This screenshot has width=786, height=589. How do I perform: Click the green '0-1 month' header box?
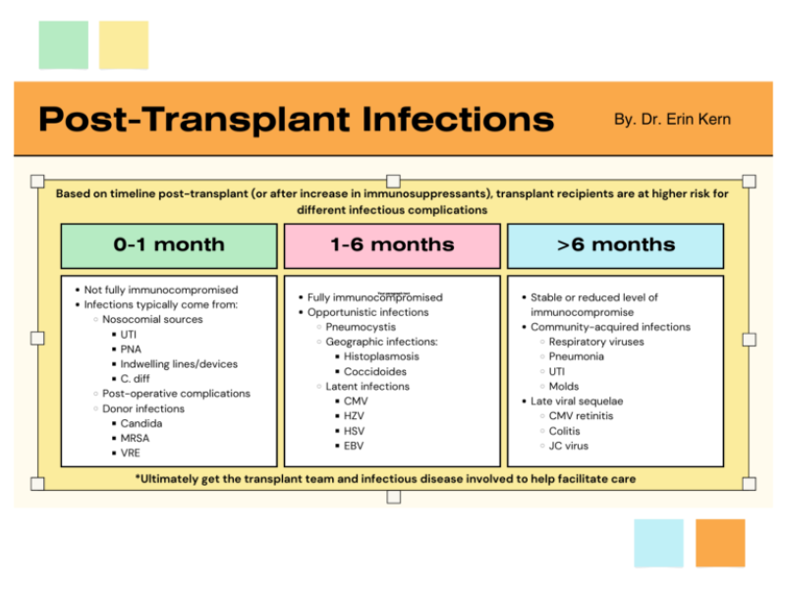pos(168,245)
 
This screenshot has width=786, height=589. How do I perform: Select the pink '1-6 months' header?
pos(392,245)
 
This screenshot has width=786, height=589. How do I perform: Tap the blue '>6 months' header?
pos(615,245)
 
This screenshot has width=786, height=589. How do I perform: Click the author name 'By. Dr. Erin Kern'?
pos(672,120)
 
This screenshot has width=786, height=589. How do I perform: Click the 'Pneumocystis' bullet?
pos(363,327)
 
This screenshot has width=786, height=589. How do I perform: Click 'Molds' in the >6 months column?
pos(565,386)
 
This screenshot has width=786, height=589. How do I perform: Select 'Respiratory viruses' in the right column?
pos(596,342)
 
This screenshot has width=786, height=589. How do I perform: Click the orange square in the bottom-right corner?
pos(719,543)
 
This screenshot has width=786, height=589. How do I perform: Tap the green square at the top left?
pos(64,45)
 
